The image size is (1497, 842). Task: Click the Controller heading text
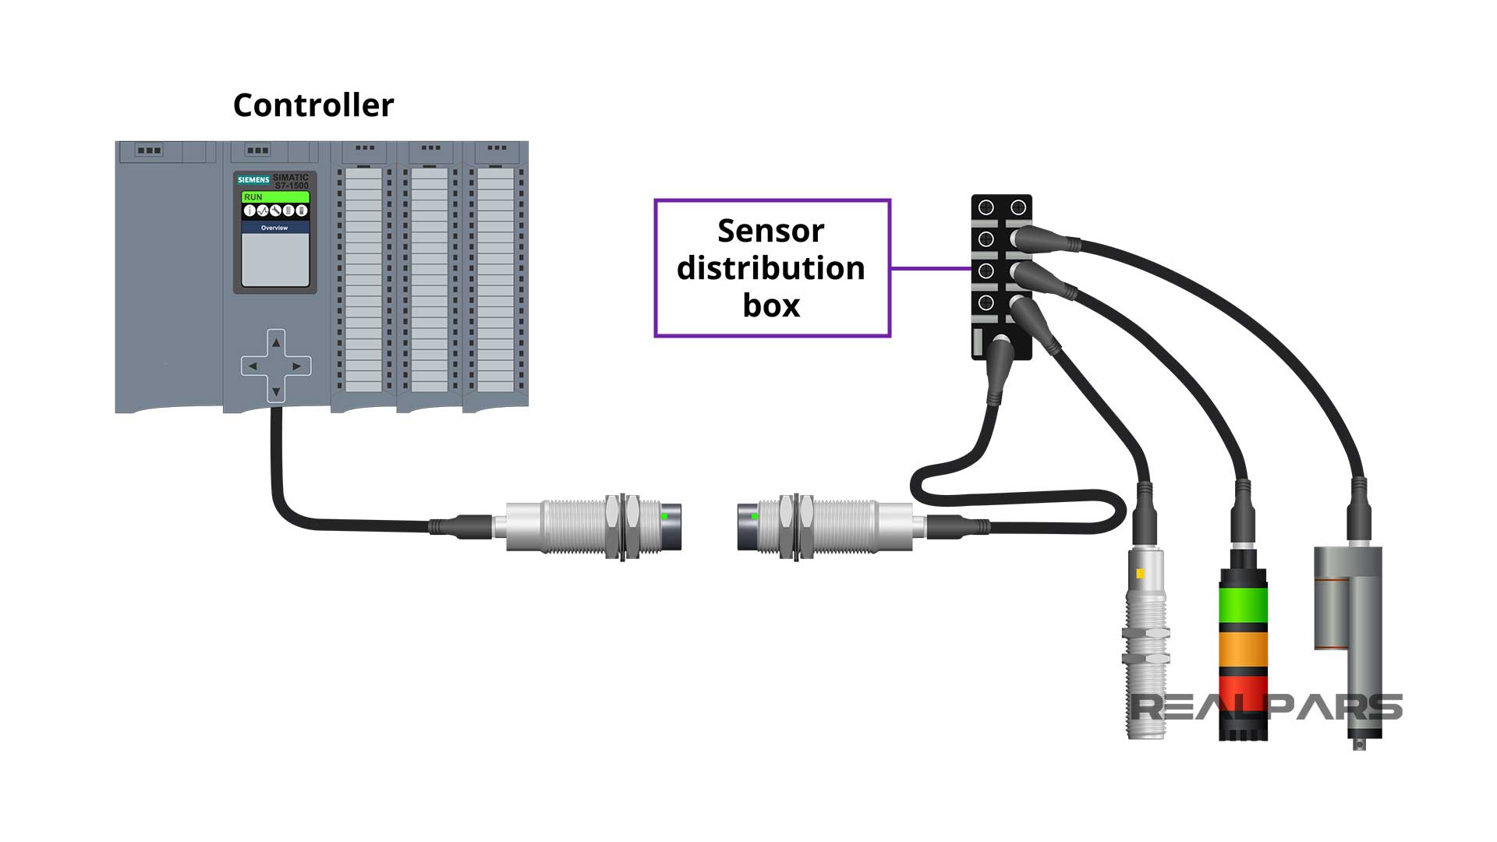(313, 105)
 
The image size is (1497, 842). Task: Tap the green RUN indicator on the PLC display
(274, 197)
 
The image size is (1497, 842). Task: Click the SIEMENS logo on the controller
(253, 180)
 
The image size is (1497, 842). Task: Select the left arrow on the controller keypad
(253, 366)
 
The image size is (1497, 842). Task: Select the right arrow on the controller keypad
(297, 366)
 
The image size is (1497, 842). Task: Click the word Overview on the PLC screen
(274, 228)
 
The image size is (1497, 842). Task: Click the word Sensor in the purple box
(770, 231)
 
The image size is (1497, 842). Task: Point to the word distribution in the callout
(770, 268)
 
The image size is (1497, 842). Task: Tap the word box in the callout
(771, 305)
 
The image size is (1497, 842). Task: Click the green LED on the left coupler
(664, 516)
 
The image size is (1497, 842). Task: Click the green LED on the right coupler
(755, 516)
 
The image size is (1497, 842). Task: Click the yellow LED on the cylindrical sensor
(1141, 574)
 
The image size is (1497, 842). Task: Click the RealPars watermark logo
(1266, 707)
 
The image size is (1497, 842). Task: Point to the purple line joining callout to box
(930, 268)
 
